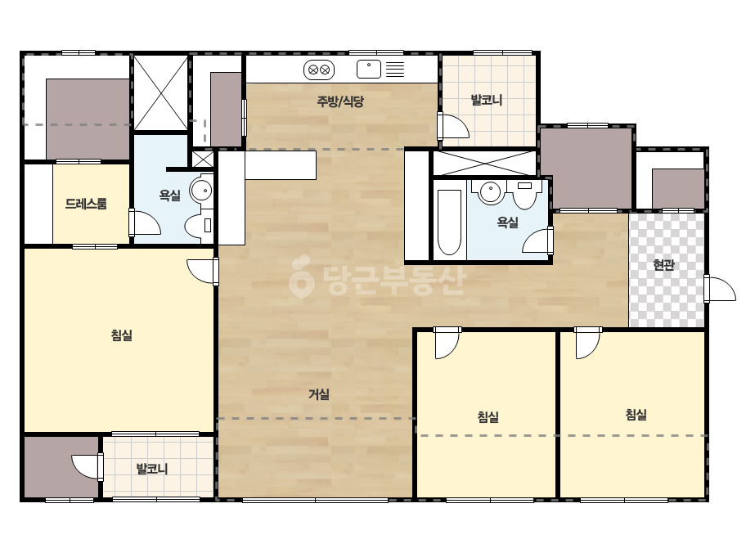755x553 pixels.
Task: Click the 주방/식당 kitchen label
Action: pos(340,101)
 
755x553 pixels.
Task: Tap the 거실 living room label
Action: pos(319,394)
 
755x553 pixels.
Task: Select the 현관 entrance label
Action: pos(663,264)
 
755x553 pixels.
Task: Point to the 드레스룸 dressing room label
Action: pos(86,204)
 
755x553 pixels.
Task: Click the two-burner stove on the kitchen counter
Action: pos(319,70)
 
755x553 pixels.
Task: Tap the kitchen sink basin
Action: pos(369,70)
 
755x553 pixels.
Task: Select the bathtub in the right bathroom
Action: pos(449,222)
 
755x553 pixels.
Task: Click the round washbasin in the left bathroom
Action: pos(201,191)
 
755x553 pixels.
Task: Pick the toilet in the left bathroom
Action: pos(199,226)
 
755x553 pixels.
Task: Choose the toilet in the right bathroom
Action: pos(524,194)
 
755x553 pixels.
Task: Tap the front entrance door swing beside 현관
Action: pos(721,289)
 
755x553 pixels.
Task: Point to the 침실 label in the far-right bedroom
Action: pos(636,415)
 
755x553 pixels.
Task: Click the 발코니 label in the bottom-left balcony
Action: pos(152,469)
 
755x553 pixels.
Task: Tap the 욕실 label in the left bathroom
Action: pos(170,195)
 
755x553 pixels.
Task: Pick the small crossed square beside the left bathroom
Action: pos(203,160)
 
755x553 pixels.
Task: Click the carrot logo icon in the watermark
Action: pos(301,276)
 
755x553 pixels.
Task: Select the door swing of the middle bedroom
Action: pos(447,344)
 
